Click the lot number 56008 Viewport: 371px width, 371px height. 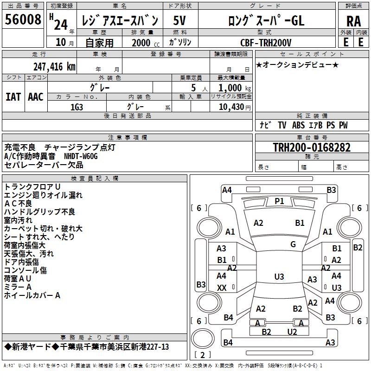(23, 19)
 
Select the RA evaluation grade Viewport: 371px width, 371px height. (353, 21)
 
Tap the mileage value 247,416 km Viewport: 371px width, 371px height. (54, 67)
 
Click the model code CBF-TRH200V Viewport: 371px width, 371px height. (266, 43)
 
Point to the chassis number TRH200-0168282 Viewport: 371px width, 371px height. (312, 147)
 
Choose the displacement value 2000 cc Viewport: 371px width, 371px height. (146, 43)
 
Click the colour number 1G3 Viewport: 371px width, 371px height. (77, 107)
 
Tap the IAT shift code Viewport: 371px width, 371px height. (13, 97)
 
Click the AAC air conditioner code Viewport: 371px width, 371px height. (36, 97)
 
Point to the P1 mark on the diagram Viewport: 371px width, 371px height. (279, 201)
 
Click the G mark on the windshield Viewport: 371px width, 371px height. (293, 244)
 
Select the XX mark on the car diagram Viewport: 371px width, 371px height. (222, 288)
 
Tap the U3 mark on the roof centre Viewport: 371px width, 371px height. (279, 276)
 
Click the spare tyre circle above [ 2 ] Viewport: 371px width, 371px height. (203, 339)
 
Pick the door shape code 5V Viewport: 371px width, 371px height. (179, 20)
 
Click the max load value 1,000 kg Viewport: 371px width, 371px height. (235, 88)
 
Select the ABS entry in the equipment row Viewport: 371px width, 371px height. (298, 125)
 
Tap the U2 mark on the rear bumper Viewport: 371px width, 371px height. (292, 332)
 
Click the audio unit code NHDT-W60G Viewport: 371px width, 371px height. (81, 156)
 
